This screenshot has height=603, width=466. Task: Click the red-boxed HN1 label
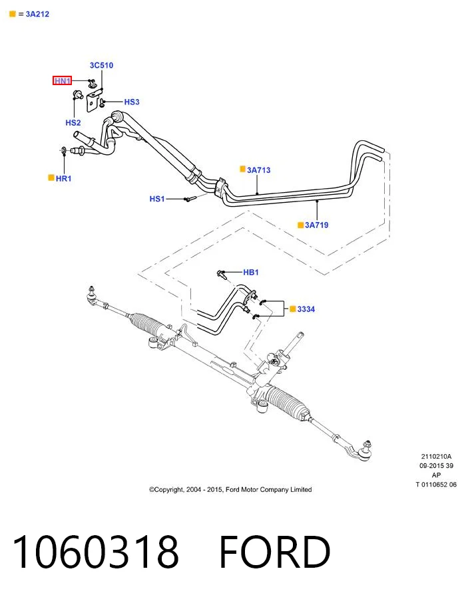click(62, 80)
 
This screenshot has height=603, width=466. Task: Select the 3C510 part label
click(102, 65)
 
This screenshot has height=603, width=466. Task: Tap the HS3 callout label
click(132, 102)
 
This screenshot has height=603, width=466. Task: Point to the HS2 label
click(73, 123)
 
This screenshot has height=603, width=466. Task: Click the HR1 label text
click(63, 178)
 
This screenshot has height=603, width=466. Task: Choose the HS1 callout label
click(157, 199)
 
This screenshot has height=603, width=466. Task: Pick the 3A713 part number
click(259, 170)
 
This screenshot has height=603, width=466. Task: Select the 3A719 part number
click(317, 225)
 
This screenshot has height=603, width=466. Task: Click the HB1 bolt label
click(251, 273)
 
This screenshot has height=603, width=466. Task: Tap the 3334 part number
click(306, 309)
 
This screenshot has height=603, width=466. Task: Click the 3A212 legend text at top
click(37, 14)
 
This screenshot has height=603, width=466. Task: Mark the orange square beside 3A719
click(300, 225)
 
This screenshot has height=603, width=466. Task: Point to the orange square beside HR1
click(51, 178)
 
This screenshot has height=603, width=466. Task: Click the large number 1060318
click(95, 552)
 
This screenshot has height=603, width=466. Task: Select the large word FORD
click(274, 552)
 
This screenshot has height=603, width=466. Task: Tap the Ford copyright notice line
click(230, 489)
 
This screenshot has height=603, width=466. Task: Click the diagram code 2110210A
click(436, 457)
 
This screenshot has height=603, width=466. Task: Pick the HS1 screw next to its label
click(190, 199)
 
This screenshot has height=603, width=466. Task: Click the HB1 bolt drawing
click(222, 274)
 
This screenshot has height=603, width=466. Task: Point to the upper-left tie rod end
click(92, 296)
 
